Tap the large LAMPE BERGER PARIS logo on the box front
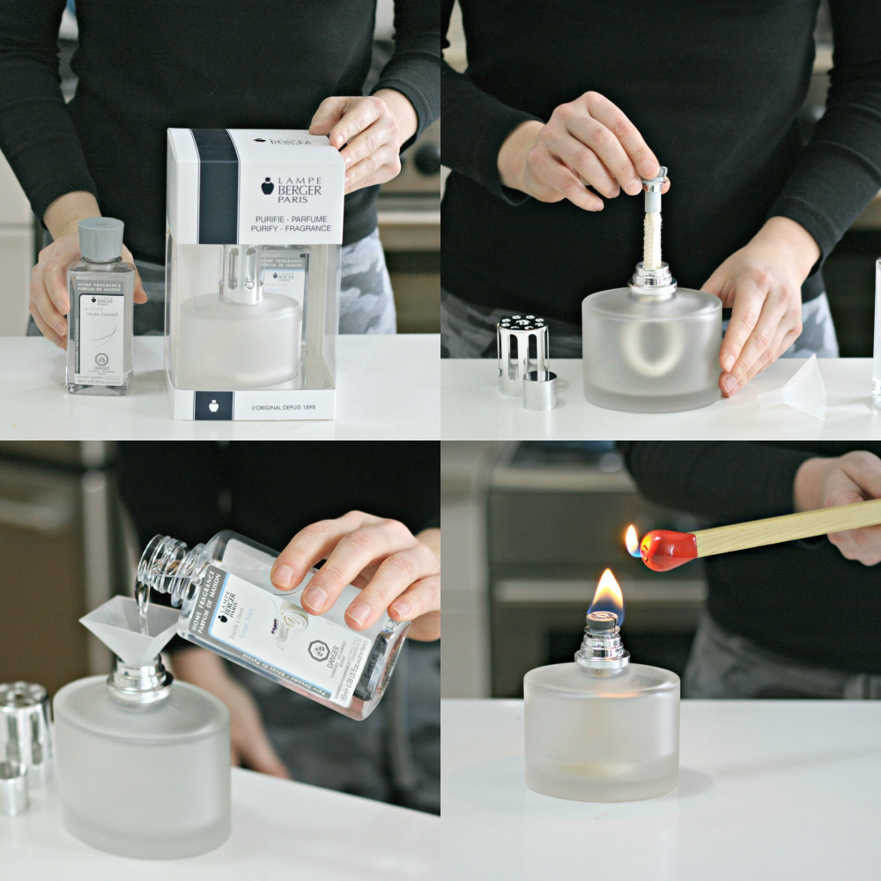tap(291, 187)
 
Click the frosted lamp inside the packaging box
tap(239, 335)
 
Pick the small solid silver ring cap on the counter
tap(539, 389)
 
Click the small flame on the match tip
tap(632, 539)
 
